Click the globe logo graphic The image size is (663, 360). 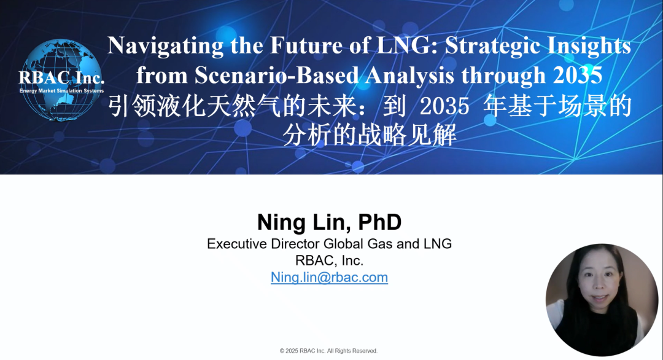coord(61,80)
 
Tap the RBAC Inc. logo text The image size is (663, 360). coord(61,77)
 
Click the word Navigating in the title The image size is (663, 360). coord(165,45)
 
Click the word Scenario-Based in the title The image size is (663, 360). coord(276,76)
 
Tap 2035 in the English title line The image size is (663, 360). coord(578,76)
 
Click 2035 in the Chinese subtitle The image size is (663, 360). coord(444,106)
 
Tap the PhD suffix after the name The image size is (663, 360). coord(380,222)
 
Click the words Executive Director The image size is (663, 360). coord(264,244)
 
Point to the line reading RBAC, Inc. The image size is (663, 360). coord(330,260)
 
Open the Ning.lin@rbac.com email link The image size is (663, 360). coord(330,278)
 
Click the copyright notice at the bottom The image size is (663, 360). coord(328,351)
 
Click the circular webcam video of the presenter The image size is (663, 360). coord(602,300)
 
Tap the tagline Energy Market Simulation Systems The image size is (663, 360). coord(62,91)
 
